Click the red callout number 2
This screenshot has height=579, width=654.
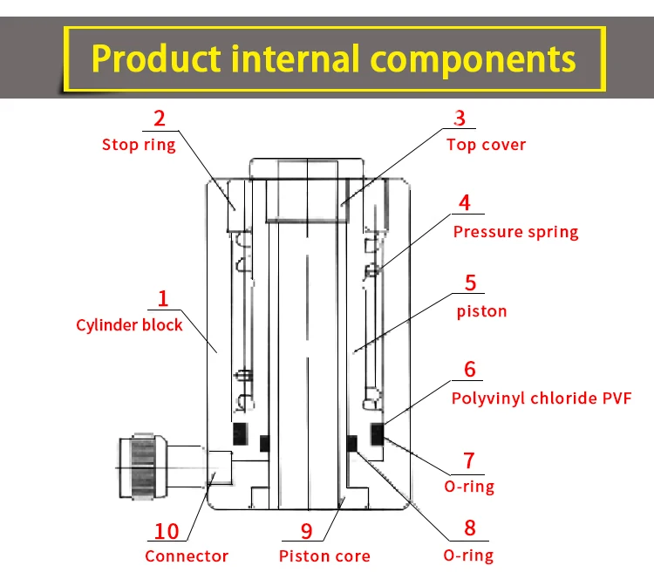coord(160,119)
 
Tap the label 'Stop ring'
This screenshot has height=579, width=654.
coord(139,145)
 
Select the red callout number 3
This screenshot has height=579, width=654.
coord(460,118)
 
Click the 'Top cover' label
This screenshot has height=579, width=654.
coord(487,145)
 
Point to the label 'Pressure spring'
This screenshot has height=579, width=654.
coord(516,232)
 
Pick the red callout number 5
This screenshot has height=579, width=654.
coord(471,283)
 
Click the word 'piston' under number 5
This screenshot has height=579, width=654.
coord(481,311)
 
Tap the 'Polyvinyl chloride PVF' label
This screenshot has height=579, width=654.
coord(542,398)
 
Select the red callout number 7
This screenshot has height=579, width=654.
coord(469,460)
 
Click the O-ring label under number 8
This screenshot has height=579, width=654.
coord(468,555)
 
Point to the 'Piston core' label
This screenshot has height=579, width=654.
coord(324,556)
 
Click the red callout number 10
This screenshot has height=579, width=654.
coord(167,531)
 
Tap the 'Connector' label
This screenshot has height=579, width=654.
coord(187,556)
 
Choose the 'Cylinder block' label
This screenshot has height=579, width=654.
coord(129,325)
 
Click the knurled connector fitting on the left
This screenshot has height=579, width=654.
coord(143,467)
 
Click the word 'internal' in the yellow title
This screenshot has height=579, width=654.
coord(295,58)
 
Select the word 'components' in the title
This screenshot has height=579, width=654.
coord(473,60)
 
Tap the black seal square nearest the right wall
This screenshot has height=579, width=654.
coord(378,434)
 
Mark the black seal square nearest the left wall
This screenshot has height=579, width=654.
coord(241,434)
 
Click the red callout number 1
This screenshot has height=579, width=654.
coord(163,299)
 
